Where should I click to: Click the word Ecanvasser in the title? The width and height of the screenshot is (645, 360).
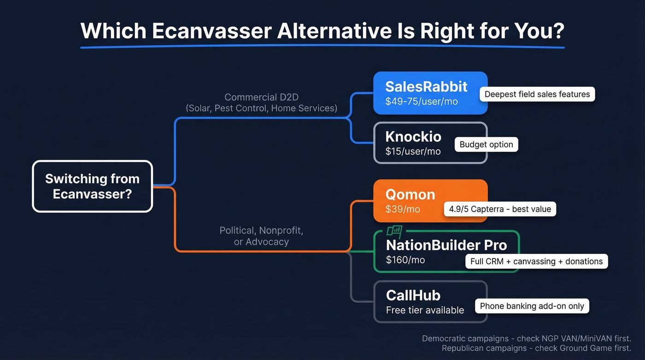[x=211, y=31]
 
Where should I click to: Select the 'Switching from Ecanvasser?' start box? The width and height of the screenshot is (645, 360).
[x=92, y=186]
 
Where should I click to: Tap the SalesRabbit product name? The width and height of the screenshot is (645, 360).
[x=426, y=87]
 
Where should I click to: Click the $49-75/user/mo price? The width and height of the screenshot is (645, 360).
[x=421, y=101]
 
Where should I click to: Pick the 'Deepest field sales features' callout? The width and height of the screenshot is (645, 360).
[x=537, y=94]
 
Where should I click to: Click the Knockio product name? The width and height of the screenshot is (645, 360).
[x=413, y=136]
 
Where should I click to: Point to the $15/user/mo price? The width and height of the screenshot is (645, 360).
[x=413, y=151]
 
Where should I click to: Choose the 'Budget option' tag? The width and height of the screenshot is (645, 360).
[x=486, y=144]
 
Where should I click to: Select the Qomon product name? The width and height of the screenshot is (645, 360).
[x=410, y=194]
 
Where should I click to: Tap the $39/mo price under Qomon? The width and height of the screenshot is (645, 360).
[x=403, y=209]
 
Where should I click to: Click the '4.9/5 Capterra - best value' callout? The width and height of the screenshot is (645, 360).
[x=500, y=209]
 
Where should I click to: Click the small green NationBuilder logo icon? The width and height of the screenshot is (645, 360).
[x=394, y=231]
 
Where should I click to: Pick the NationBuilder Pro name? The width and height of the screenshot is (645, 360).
[x=446, y=245]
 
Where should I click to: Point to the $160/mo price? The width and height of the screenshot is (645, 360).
[x=405, y=260]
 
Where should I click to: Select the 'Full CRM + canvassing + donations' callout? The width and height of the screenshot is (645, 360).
[x=536, y=261]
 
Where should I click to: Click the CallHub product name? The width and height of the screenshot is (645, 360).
[x=413, y=295]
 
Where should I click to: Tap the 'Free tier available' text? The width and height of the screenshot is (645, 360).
[x=425, y=310]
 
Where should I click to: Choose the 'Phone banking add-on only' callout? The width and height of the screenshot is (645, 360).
[x=532, y=306]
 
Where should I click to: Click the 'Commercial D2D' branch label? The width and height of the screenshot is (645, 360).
[x=261, y=97]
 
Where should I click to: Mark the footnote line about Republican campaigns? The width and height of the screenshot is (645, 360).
[x=536, y=348]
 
